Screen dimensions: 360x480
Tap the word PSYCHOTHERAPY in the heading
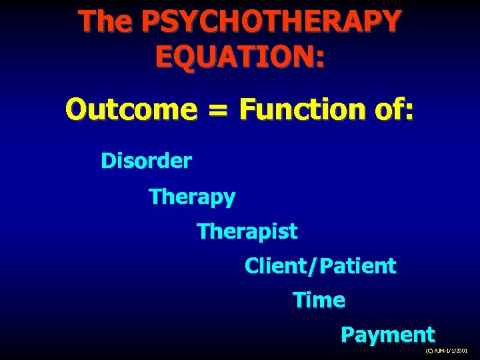click(x=271, y=21)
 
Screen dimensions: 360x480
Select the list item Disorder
click(x=147, y=161)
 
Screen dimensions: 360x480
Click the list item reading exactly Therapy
click(x=193, y=197)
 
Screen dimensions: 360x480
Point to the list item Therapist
click(x=247, y=232)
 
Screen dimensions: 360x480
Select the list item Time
click(x=319, y=301)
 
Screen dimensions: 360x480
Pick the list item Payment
click(x=387, y=335)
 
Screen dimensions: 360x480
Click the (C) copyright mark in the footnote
click(x=429, y=350)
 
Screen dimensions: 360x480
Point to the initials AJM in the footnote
click(x=439, y=350)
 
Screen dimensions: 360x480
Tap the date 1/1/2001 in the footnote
click(x=458, y=350)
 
